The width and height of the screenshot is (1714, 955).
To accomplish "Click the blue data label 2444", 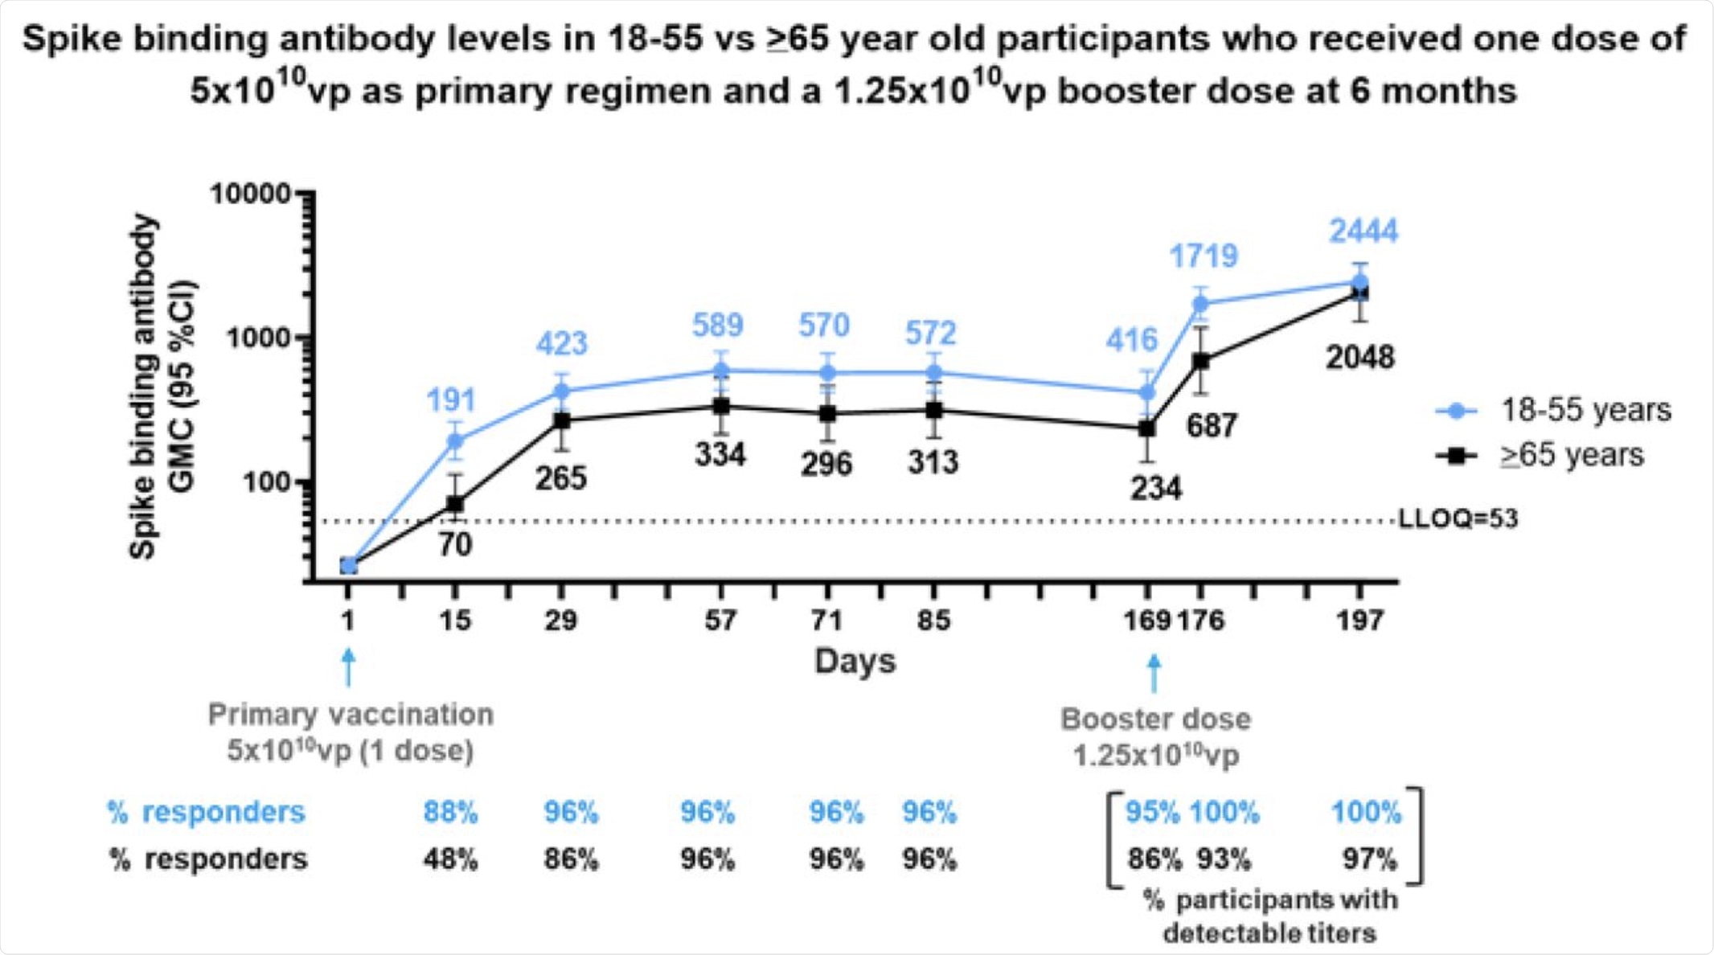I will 1363,232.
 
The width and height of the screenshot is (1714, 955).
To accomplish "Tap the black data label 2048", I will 1359,358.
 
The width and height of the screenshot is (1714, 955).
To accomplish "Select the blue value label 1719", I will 1203,256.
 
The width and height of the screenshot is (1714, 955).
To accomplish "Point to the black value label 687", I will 1211,426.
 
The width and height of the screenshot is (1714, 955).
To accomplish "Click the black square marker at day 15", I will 455,504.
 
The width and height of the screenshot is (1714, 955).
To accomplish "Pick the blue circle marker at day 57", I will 721,371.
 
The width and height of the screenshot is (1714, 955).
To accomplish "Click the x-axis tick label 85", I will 933,621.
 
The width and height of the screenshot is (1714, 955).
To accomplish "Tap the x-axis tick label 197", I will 1359,621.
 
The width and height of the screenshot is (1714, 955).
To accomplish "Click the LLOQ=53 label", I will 1458,519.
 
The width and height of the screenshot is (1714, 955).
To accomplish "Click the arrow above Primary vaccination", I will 348,668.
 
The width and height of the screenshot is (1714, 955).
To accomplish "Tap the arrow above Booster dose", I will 1154,672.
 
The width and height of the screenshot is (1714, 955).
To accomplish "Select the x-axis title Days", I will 855,662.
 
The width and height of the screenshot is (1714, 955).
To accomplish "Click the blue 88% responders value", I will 450,813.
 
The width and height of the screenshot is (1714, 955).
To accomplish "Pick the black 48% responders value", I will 450,859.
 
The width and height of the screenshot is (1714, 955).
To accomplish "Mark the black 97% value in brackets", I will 1369,859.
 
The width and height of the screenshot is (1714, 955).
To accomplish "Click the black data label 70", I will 455,545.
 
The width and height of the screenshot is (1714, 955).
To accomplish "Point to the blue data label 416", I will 1131,341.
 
